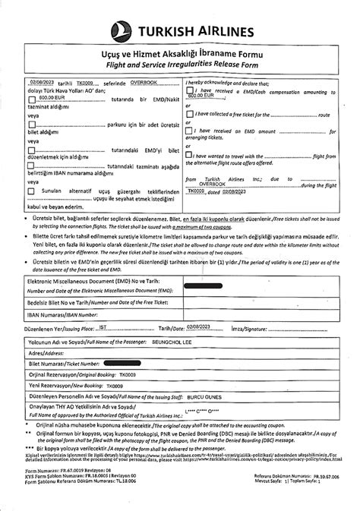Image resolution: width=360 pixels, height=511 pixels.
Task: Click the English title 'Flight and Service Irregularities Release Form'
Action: tap(180, 66)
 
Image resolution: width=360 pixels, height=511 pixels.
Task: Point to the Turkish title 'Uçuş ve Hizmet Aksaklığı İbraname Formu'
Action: tap(180, 55)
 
